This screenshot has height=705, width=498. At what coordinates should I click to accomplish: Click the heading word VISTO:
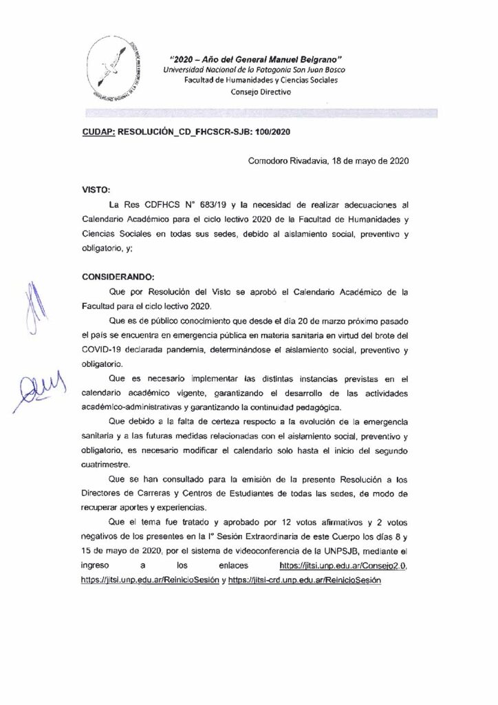tap(96, 187)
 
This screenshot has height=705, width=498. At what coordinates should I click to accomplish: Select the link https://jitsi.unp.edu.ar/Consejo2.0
tap(343, 565)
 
